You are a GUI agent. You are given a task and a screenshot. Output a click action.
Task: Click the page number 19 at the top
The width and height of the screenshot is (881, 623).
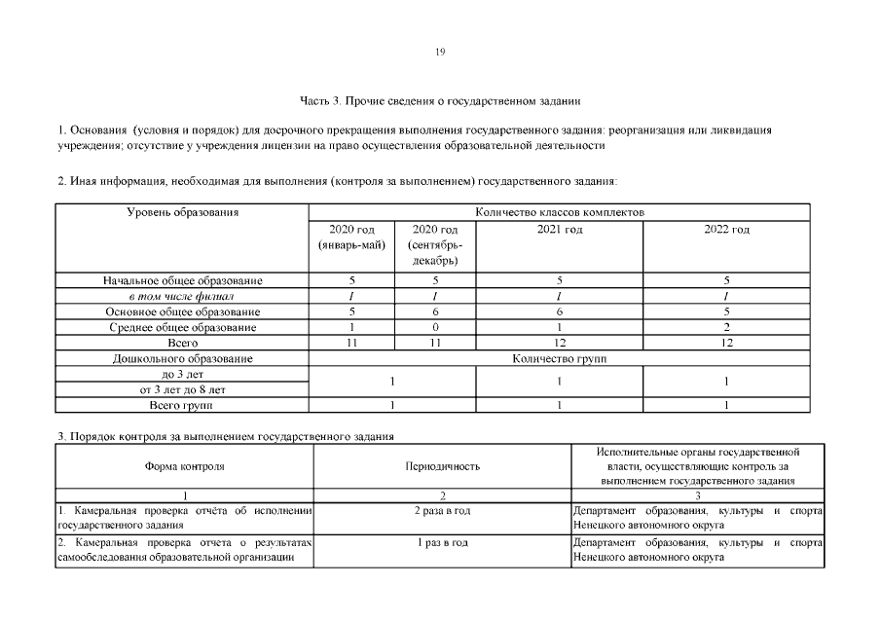440,53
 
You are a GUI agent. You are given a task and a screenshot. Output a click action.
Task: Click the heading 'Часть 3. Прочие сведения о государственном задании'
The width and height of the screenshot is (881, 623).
440,100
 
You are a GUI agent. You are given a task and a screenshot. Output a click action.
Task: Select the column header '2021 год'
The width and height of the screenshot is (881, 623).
560,230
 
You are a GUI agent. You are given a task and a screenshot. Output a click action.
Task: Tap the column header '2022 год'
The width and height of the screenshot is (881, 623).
726,230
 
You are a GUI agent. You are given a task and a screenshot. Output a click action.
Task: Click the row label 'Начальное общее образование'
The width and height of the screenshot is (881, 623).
183,280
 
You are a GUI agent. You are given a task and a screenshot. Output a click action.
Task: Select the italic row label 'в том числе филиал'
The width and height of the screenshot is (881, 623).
183,296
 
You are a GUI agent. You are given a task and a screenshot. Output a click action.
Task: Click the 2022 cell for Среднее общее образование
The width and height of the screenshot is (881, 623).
726,327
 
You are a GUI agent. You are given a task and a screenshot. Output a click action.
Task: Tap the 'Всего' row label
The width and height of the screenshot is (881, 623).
183,343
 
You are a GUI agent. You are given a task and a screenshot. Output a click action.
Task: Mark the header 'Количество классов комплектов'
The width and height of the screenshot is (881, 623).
560,211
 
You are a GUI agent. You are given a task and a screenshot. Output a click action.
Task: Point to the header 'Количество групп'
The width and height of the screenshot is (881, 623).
560,358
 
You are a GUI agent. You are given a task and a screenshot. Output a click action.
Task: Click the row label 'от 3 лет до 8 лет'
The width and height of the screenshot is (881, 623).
183,389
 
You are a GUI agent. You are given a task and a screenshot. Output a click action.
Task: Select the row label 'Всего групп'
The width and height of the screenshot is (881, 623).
183,405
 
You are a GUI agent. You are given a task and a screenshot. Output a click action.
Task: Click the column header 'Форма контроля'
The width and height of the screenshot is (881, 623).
185,466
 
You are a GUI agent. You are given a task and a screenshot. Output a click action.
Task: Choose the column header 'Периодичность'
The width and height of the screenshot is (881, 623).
442,466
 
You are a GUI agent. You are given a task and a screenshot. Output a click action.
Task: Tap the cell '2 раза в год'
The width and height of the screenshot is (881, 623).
442,511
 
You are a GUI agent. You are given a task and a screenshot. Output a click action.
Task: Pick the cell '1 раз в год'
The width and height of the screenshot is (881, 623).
442,542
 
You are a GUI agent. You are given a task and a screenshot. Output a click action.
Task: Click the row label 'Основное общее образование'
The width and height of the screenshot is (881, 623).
183,311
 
